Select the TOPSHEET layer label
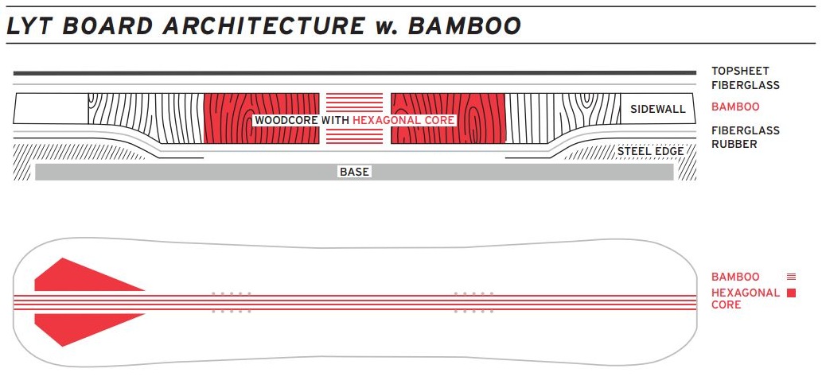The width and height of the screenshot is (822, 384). click(x=740, y=71)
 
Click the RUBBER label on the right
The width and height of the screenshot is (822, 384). click(x=734, y=144)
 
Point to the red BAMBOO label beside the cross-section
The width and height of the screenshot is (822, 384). click(x=735, y=107)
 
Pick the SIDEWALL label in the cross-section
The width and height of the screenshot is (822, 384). click(x=657, y=109)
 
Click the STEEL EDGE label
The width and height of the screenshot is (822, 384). click(x=651, y=151)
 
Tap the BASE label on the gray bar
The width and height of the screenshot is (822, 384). click(x=354, y=172)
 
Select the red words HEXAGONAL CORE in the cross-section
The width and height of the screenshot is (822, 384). click(x=403, y=120)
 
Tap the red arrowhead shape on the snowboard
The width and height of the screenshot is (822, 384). click(x=80, y=302)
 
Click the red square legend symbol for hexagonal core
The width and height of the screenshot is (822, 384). click(x=791, y=293)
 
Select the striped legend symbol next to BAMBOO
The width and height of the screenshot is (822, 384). click(x=791, y=277)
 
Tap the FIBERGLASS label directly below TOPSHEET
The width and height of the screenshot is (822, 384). click(x=746, y=85)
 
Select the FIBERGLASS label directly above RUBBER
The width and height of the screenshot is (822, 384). click(x=746, y=130)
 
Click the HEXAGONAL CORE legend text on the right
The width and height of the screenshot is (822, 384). click(x=745, y=298)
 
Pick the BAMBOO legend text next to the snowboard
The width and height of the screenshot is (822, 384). click(x=735, y=277)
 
